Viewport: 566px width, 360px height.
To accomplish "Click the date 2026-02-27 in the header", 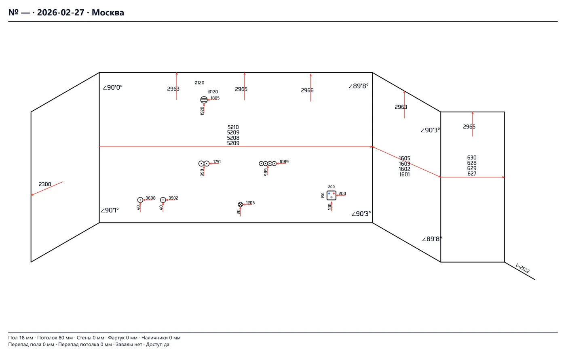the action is point(60,13).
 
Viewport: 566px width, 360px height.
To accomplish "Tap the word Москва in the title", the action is point(108,13).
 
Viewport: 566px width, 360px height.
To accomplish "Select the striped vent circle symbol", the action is point(204,100).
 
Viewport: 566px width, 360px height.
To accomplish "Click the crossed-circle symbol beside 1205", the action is point(240,204).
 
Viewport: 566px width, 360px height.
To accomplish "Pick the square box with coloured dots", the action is point(331,196).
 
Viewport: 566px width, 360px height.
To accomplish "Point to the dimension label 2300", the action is point(45,184).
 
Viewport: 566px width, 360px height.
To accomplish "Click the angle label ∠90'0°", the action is point(112,87).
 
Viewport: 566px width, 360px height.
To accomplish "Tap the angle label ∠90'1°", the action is point(110,210).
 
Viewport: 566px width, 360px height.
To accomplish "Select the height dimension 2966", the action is point(307,90).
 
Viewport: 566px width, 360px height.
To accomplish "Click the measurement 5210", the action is point(233,127).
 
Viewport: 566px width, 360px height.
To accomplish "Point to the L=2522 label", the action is point(522,268).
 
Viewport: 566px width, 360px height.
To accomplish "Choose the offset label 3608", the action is point(150,198).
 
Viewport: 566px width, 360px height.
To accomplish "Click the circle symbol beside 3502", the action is point(163,200).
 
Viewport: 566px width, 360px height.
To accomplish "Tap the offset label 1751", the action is point(217,162).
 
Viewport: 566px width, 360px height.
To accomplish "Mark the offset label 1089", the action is point(284,162).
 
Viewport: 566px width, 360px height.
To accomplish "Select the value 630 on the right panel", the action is point(472,158).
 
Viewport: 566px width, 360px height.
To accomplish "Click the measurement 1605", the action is point(404,158).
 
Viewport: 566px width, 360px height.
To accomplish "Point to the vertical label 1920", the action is point(202,111).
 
